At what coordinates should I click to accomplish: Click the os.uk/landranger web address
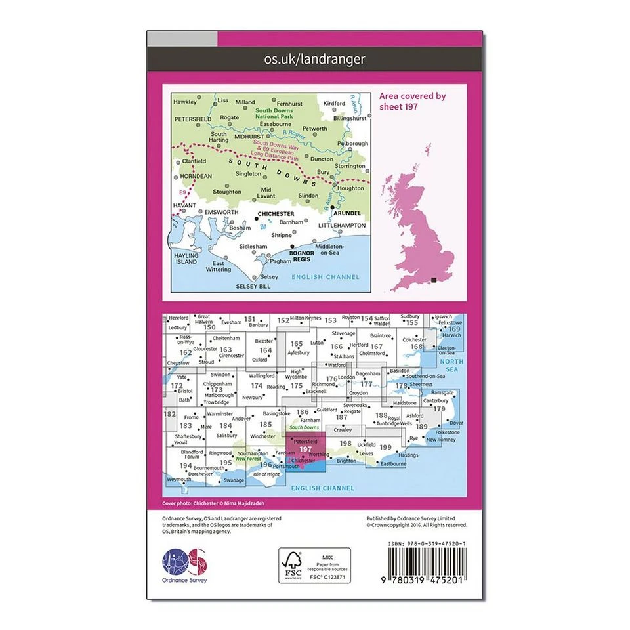coord(314,59)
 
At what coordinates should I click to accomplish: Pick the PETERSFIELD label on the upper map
coord(193,119)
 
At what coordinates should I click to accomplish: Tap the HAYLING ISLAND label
coord(186,258)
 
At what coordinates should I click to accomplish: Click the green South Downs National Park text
coord(278,113)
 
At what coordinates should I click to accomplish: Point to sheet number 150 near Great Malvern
coord(210,327)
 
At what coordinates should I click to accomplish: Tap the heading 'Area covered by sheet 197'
coord(412,101)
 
